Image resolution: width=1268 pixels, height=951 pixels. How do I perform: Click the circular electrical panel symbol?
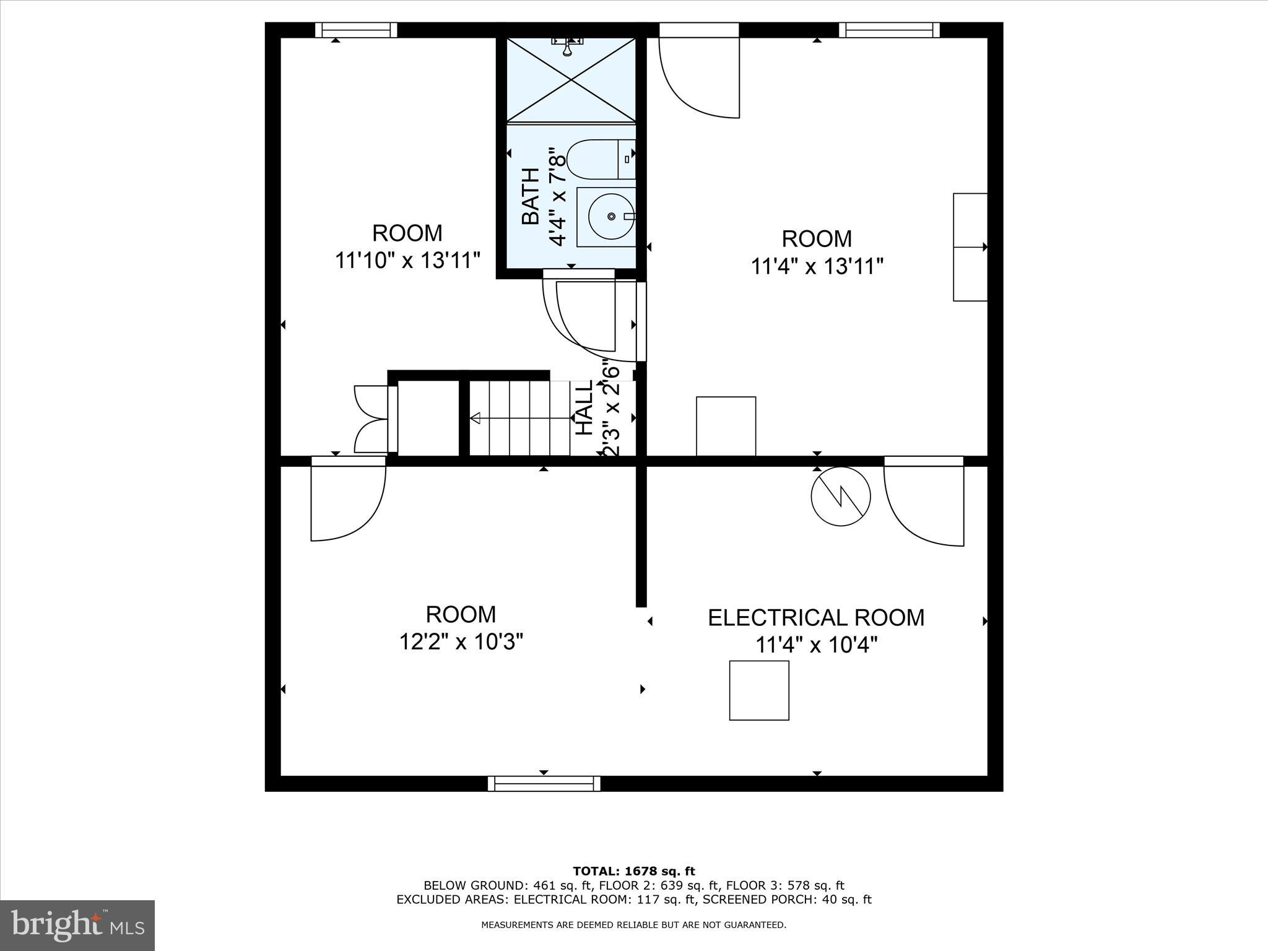[x=841, y=497]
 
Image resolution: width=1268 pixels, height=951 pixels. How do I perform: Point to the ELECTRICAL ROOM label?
[x=816, y=618]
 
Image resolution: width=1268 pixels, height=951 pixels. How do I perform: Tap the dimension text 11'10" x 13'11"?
[x=407, y=261]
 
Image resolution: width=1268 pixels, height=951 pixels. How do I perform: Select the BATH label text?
[x=531, y=196]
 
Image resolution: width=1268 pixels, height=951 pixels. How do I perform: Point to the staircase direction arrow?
[x=476, y=419]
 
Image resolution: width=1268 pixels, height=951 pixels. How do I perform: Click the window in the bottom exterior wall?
[x=544, y=783]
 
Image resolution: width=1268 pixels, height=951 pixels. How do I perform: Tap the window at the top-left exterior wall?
[x=356, y=30]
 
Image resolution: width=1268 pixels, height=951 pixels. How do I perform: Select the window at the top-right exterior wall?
[x=889, y=30]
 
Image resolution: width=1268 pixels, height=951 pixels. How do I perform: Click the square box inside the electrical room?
[x=759, y=690]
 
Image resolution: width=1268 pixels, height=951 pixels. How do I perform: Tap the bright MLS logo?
[x=77, y=924]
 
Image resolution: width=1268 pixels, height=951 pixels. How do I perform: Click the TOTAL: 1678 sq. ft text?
[x=634, y=871]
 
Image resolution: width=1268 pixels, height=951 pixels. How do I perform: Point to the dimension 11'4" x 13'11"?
[x=816, y=267]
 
